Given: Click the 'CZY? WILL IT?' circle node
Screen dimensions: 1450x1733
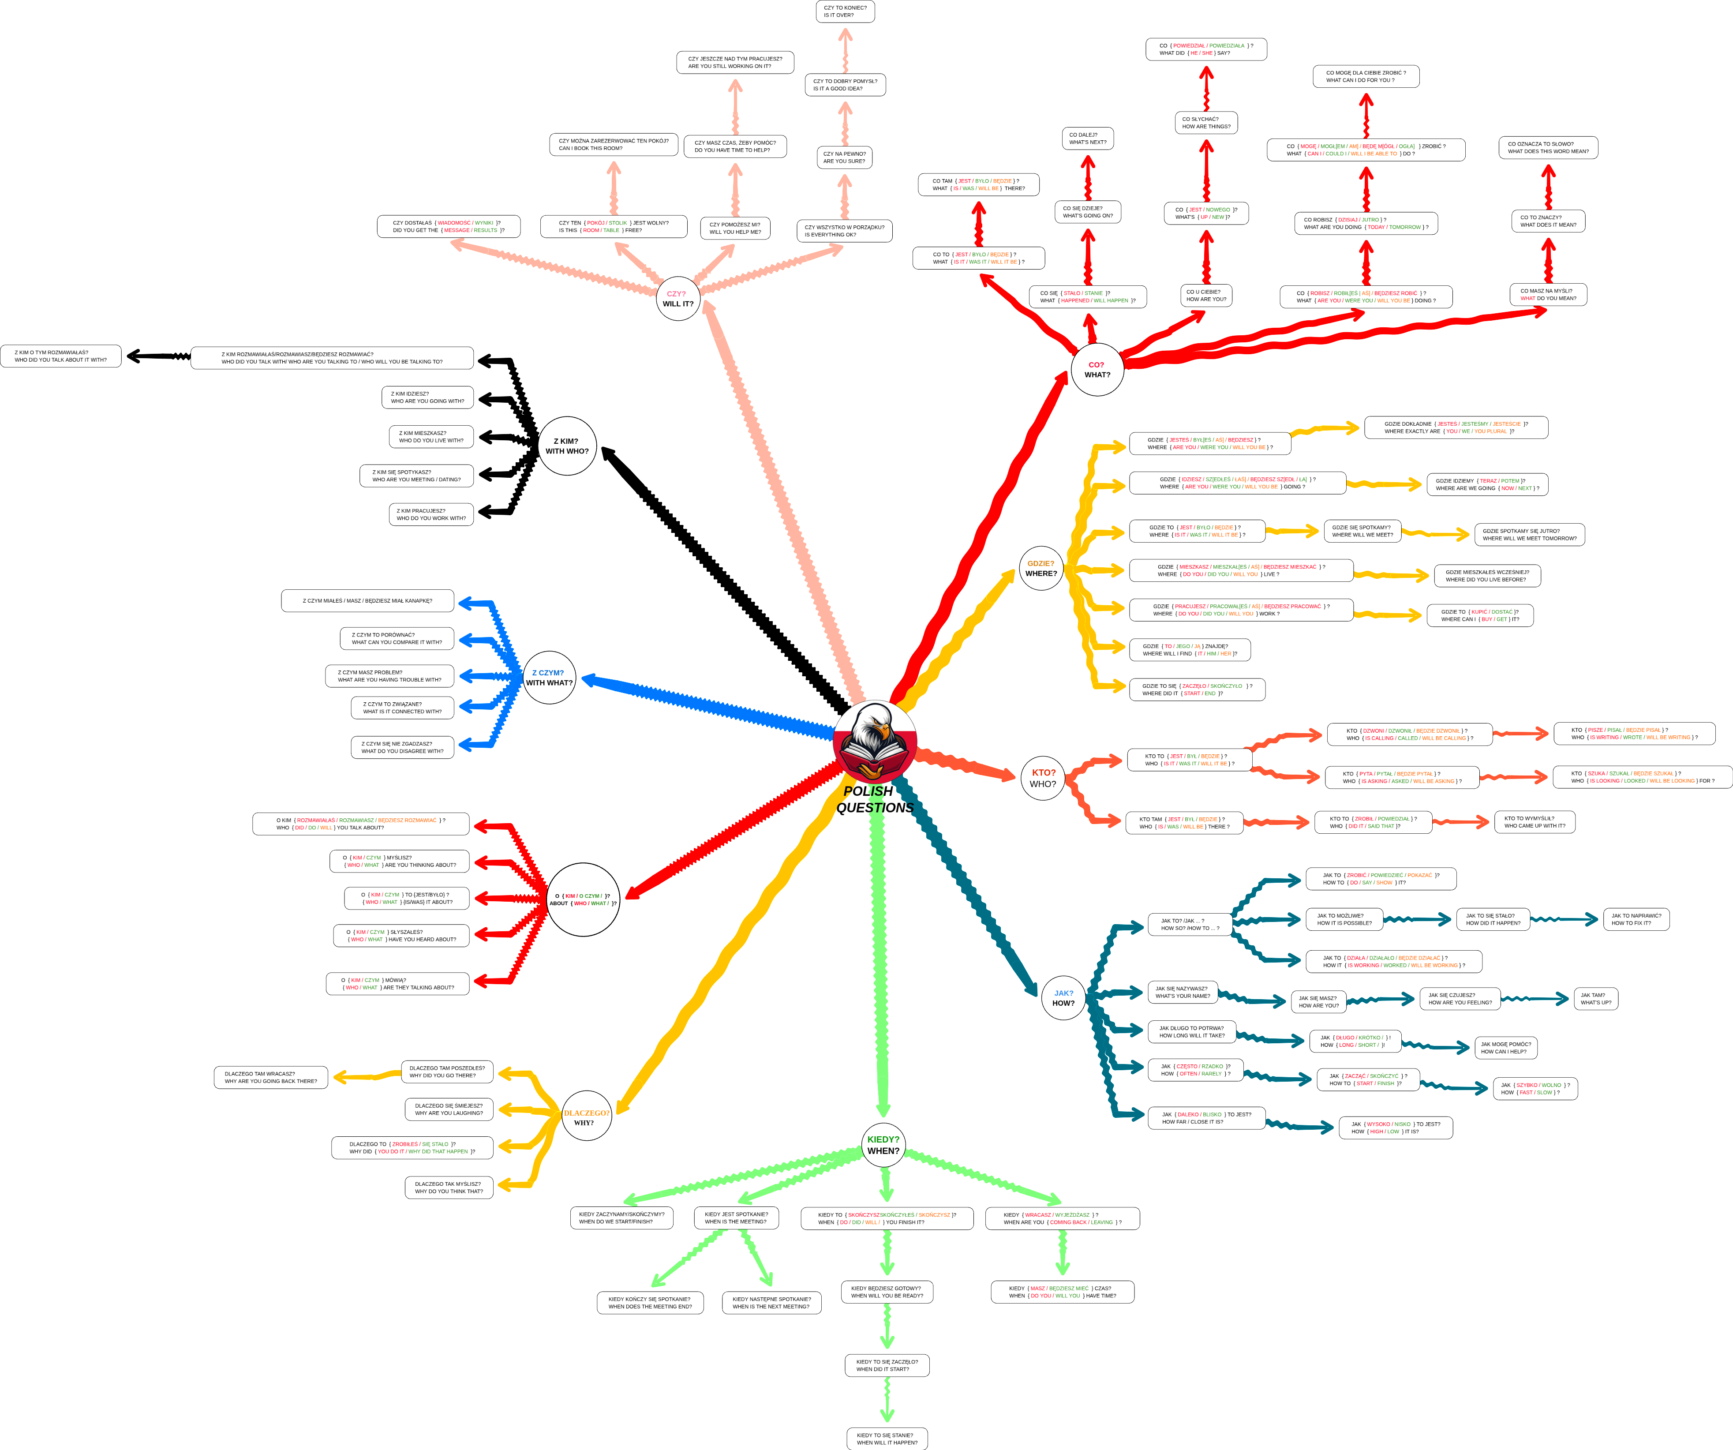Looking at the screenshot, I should [x=677, y=299].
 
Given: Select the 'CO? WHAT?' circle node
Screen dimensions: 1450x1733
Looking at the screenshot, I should [x=1097, y=370].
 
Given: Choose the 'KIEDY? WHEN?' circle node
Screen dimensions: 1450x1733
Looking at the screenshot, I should [x=883, y=1145].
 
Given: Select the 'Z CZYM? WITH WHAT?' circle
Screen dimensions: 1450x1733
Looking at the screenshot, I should [x=549, y=678].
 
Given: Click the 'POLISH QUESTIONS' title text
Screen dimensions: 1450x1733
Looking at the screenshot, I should [x=875, y=799].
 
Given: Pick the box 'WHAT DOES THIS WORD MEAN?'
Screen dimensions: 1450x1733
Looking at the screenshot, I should [x=1547, y=148].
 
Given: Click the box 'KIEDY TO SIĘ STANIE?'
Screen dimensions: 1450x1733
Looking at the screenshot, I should [x=886, y=1439].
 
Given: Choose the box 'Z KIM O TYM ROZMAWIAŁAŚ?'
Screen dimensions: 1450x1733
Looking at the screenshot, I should [x=61, y=356].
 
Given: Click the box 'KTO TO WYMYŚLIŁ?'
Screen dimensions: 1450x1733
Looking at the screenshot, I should [x=1534, y=822].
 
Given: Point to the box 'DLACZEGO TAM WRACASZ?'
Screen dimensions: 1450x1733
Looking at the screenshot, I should [x=271, y=1077].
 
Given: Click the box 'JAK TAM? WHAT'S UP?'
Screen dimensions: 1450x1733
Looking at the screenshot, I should [x=1595, y=999].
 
